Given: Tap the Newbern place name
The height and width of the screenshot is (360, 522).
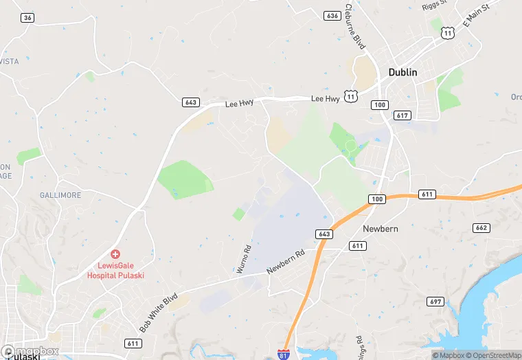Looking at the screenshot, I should point(381,229).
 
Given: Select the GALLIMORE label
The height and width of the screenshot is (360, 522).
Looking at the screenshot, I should point(61,195).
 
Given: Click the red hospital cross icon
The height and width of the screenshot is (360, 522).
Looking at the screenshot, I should point(115,254).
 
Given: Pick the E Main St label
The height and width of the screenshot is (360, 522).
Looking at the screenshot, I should point(475,14).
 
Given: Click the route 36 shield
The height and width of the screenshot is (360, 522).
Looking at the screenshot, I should point(27,18).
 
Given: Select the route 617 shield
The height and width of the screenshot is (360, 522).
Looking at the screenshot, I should point(403,115).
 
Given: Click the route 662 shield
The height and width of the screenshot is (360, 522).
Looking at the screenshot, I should point(481,227).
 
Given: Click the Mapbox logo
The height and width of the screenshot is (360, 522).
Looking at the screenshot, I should point(30,352).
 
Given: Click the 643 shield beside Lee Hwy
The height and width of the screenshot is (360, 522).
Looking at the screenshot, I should point(192,102).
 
